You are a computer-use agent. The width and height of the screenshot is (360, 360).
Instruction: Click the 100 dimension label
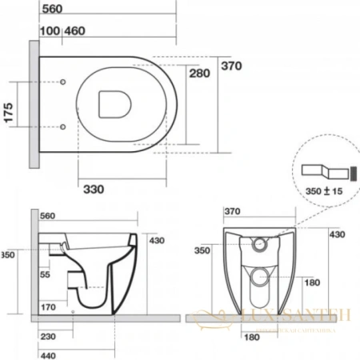click(48, 30)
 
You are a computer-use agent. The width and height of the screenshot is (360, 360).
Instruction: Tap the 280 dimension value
click(202, 74)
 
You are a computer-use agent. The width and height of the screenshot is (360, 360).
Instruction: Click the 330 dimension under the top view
click(95, 189)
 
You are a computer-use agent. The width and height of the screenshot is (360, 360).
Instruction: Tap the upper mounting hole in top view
click(63, 83)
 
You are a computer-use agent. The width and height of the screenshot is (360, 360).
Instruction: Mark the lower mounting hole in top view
click(63, 126)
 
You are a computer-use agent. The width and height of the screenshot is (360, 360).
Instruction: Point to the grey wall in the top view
click(34, 104)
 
